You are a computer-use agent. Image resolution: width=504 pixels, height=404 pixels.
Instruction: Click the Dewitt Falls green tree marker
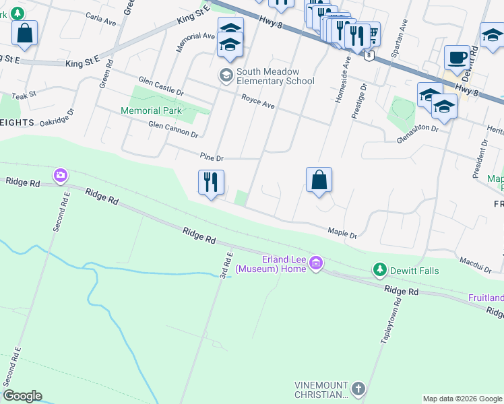coord(380,271)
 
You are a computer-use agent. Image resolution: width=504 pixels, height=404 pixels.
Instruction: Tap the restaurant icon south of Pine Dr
coord(211,181)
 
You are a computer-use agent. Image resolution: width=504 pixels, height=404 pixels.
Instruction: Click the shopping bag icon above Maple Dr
coord(319,180)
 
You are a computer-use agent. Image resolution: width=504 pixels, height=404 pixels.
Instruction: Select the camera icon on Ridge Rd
coord(61,175)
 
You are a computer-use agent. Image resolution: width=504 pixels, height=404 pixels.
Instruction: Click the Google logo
coord(22,396)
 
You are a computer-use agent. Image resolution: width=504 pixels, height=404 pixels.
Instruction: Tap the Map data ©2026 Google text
coord(462,399)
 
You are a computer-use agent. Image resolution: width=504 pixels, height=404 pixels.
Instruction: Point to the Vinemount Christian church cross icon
coord(358,389)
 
